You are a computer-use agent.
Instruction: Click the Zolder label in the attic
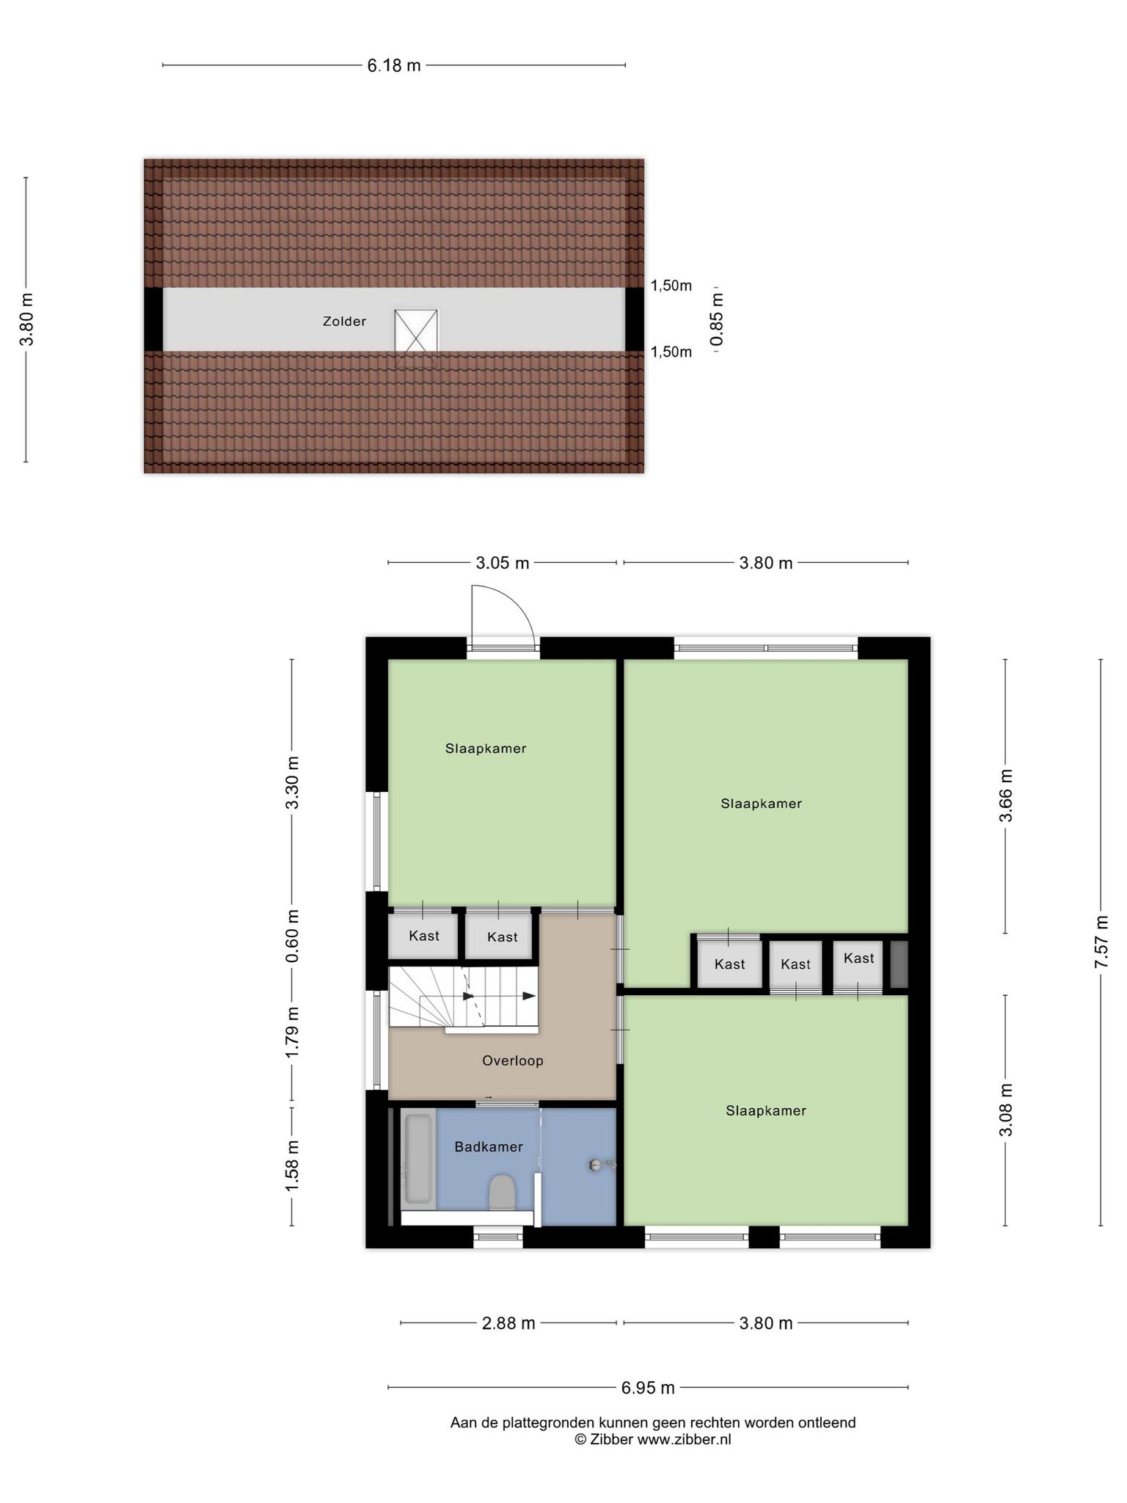[x=344, y=321]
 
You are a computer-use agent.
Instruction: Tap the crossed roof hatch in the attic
[x=416, y=331]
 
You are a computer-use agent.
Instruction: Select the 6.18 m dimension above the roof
[x=394, y=65]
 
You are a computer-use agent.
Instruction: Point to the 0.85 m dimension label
[x=717, y=319]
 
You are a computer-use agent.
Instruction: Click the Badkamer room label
[x=489, y=1146]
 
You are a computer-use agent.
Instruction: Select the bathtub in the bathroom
[x=419, y=1159]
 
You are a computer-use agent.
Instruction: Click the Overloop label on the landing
[x=513, y=1060]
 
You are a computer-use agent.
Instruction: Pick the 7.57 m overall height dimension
[x=1101, y=942]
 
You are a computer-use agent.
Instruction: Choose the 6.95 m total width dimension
[x=648, y=1388]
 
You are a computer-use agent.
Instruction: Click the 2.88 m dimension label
[x=508, y=1323]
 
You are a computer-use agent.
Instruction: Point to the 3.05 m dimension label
[x=502, y=563]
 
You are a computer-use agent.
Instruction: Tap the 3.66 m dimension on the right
[x=1005, y=796]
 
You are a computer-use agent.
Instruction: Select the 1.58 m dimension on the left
[x=292, y=1167]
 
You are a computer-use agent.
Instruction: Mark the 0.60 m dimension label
[x=292, y=936]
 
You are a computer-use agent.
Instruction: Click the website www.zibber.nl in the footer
[x=684, y=1440]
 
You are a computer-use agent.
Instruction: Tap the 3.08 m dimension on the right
[x=1005, y=1110]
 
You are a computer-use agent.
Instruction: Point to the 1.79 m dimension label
[x=292, y=1032]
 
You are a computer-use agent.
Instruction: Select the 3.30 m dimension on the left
[x=292, y=782]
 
